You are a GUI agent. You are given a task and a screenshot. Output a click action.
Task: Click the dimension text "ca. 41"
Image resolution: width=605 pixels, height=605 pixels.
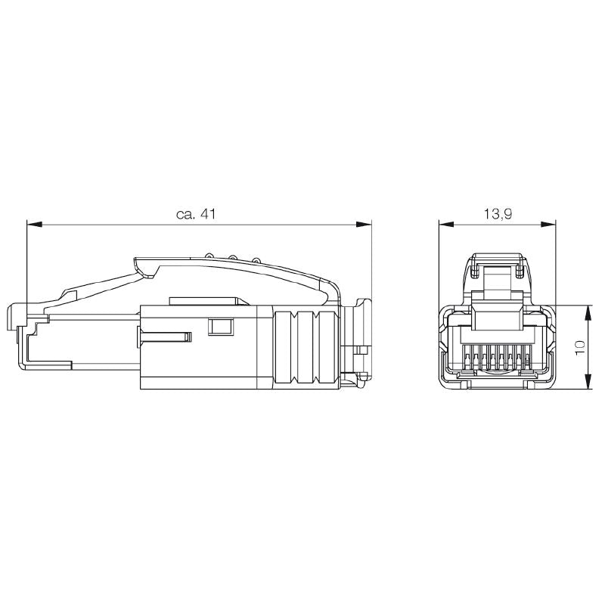196,214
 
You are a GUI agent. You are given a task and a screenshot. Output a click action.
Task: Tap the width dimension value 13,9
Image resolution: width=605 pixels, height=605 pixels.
498,214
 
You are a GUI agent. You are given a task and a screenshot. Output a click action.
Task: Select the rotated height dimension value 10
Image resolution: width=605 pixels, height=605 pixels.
580,348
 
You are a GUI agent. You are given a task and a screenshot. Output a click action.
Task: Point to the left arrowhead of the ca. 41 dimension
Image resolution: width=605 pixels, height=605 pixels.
33,224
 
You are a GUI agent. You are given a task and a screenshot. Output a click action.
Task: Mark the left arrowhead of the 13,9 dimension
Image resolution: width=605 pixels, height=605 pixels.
445,224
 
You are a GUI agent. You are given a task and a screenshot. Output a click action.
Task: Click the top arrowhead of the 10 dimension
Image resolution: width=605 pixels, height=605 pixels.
588,311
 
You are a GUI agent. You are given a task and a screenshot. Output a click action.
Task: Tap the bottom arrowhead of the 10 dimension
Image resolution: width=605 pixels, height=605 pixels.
588,385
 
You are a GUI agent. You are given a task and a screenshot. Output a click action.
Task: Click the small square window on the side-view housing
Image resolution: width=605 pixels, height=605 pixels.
219,327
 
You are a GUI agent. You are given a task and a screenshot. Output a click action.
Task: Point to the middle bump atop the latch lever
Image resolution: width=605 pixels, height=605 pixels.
232,257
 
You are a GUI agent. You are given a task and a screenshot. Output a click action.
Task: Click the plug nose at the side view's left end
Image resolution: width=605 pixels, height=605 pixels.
23,318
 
